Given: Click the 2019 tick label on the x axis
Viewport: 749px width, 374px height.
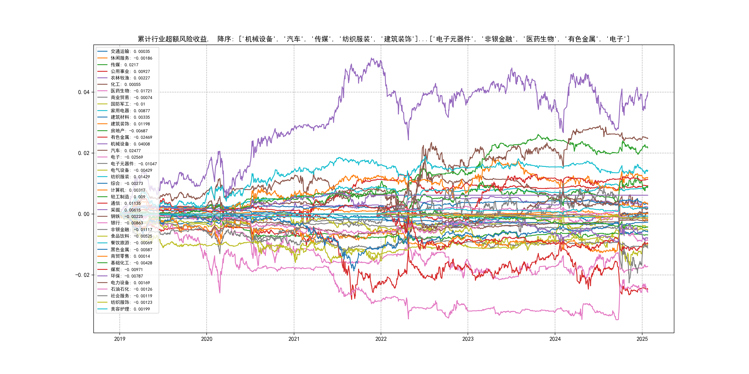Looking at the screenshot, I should click(120, 339).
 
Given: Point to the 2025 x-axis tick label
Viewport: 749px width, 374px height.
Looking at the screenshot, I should click(642, 339).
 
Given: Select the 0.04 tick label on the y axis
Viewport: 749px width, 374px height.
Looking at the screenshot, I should click(84, 92).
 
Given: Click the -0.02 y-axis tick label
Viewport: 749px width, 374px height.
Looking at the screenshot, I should click(82, 275).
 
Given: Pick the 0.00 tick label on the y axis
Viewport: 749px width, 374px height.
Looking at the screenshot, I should click(84, 214).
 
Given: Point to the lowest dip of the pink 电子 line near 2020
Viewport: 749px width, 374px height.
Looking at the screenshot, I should click(220, 293).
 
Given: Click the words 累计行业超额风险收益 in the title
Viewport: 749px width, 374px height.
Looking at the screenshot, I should click(172, 39).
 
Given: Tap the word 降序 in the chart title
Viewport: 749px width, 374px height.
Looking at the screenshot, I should click(224, 39).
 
